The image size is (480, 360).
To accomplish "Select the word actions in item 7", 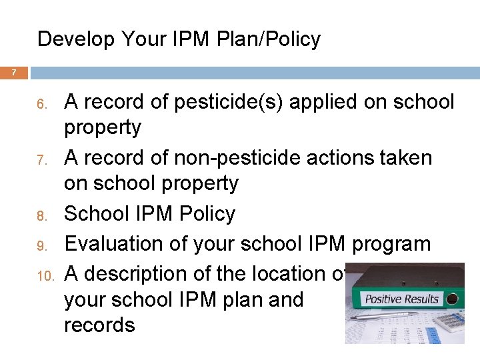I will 337,158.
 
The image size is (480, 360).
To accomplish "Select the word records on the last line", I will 99,325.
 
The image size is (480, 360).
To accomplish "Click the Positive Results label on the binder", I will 402,298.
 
